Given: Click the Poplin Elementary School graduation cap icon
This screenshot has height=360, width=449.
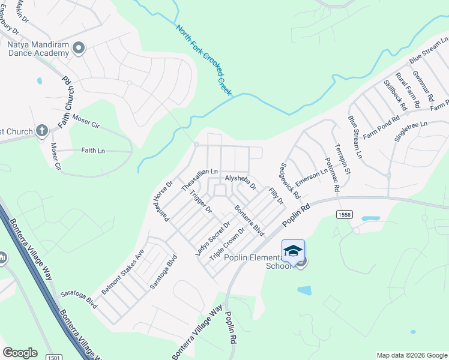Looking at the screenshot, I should (x=293, y=251).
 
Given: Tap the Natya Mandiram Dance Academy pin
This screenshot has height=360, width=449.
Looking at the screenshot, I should (x=78, y=47).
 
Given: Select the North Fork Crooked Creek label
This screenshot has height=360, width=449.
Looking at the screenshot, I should (x=204, y=59).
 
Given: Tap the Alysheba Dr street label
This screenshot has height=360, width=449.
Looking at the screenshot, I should (x=240, y=182).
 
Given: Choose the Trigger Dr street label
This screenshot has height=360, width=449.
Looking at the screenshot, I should (x=201, y=201).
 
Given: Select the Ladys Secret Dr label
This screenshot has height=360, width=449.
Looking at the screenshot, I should (x=212, y=239).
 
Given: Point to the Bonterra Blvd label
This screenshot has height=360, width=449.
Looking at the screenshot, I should (x=249, y=220).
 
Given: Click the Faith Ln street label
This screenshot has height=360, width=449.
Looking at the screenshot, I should (x=92, y=151).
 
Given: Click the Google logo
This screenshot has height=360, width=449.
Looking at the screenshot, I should (x=20, y=353).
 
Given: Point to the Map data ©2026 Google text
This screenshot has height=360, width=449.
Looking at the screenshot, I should (x=411, y=355).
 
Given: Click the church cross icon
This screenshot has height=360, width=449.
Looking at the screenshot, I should (x=41, y=130).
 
